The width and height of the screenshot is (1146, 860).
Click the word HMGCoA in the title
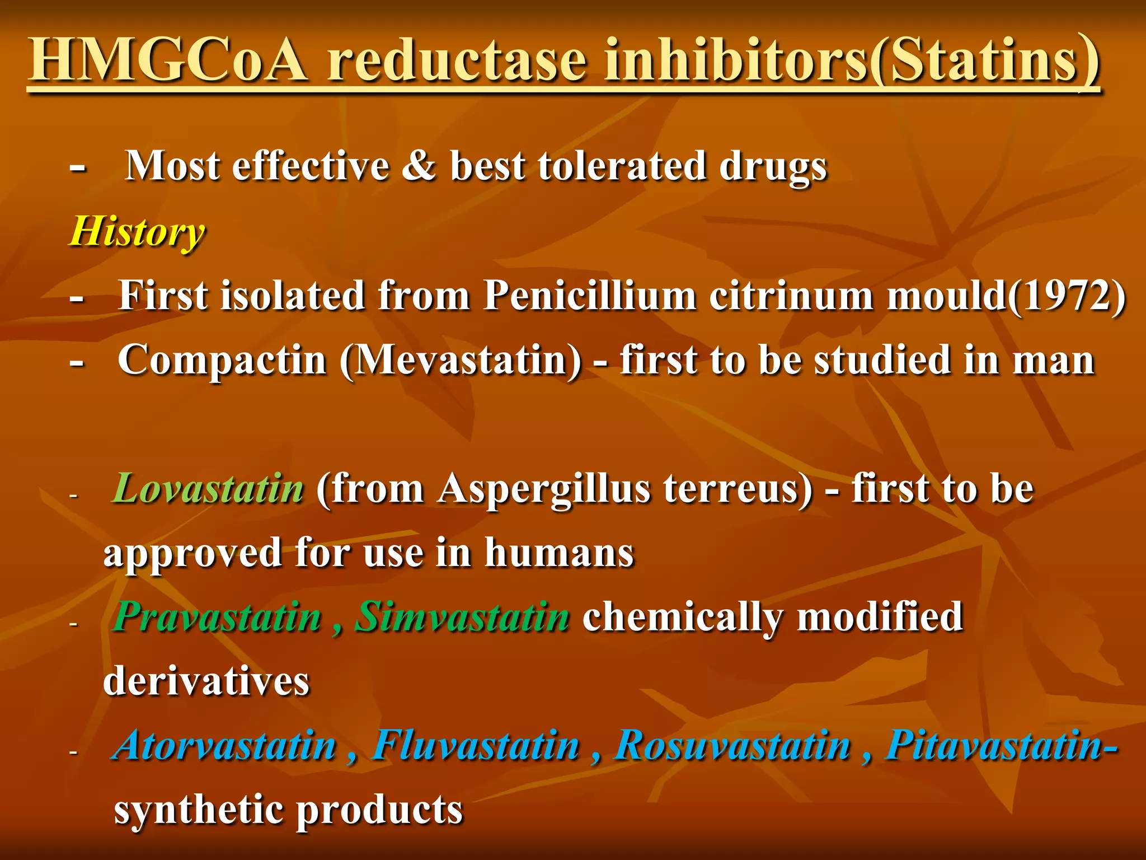coord(168,60)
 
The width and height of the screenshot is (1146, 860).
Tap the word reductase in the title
coord(457,60)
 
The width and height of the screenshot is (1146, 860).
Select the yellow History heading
coord(137,232)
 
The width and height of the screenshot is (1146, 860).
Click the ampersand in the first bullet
coord(419,166)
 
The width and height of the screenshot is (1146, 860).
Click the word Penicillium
coord(590,295)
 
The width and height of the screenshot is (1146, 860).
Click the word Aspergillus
coord(544,489)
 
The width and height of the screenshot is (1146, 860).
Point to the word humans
coord(559,553)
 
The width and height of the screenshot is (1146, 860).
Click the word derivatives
coord(206,681)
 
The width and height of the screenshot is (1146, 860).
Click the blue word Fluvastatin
coord(476,746)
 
